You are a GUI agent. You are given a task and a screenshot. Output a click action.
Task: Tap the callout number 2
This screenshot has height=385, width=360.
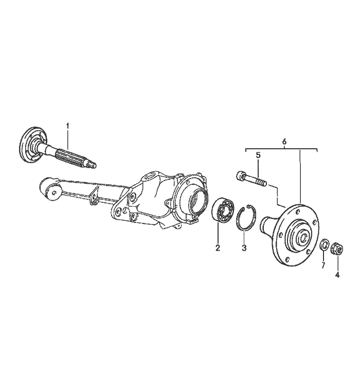coord(218,248)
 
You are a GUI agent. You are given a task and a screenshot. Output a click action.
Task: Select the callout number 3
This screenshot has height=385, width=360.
coord(244,248)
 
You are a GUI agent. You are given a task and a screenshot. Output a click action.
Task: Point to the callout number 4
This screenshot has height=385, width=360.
coord(337,275)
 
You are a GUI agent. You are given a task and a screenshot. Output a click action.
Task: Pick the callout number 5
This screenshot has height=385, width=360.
coord(258,155)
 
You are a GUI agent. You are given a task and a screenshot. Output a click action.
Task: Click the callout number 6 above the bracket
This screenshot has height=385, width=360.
coord(284,142)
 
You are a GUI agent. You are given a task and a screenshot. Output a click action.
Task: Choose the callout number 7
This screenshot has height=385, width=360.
coord(323,265)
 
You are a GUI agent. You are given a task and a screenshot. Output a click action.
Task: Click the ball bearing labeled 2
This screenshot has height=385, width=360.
coord(223,210)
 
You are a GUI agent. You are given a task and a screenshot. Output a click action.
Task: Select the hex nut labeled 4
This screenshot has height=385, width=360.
coord(337,249)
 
